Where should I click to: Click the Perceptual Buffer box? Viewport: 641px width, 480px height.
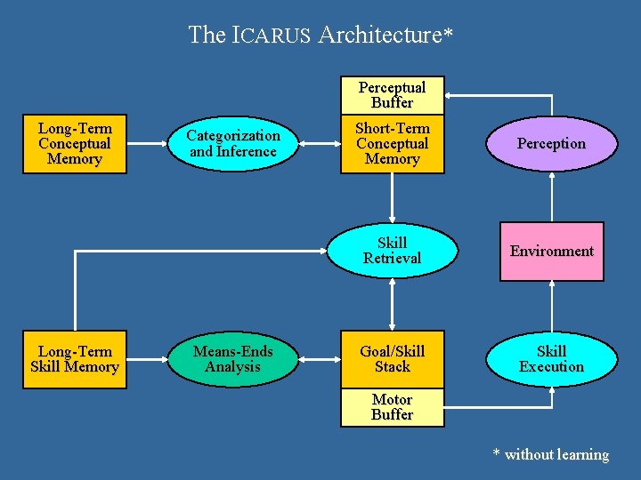(392, 95)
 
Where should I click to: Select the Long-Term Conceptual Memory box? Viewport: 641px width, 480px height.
(75, 143)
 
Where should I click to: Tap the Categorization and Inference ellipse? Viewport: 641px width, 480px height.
(233, 143)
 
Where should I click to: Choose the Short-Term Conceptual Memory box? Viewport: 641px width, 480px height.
(392, 143)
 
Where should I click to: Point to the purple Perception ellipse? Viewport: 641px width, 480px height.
(551, 143)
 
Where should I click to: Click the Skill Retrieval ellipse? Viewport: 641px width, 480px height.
(392, 251)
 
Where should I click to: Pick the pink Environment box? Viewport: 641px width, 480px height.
(551, 252)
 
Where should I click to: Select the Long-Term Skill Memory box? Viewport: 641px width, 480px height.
(75, 359)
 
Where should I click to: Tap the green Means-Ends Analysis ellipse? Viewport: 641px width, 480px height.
(232, 359)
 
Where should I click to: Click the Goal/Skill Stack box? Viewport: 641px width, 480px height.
(392, 359)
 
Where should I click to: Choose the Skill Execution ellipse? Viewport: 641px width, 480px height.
(551, 359)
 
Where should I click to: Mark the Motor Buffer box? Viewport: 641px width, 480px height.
(392, 408)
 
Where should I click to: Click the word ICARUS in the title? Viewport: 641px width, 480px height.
(271, 36)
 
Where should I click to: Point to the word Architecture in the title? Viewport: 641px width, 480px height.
(379, 36)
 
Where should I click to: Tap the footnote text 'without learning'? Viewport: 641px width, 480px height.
(556, 455)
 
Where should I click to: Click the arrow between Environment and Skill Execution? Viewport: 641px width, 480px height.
(552, 306)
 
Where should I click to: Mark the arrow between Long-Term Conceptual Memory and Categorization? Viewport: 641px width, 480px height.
(148, 143)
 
